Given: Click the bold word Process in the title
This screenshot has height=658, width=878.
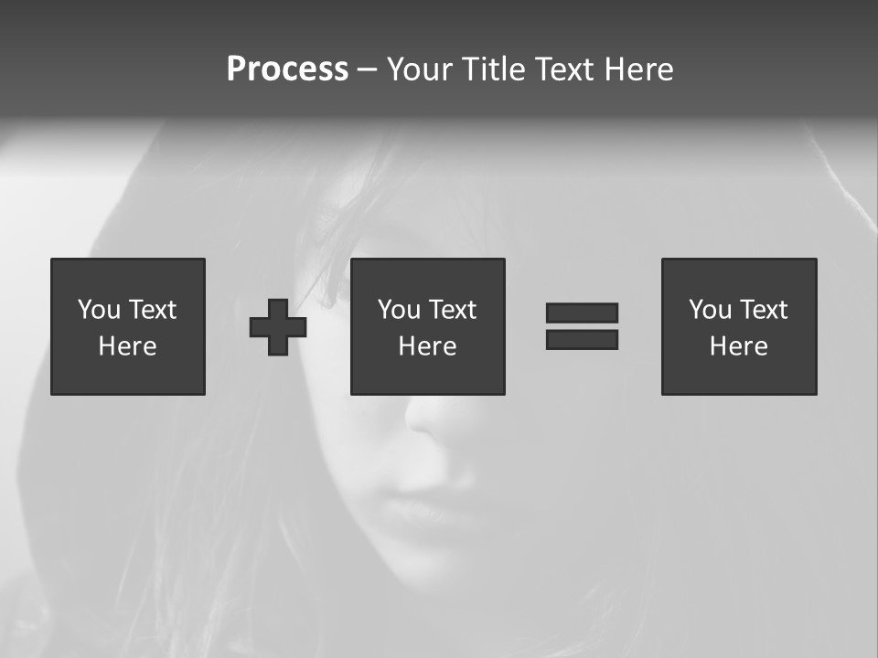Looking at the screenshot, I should point(287,69).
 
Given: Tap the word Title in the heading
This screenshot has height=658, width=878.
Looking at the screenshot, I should point(493,69).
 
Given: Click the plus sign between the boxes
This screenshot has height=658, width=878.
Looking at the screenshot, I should point(278,327).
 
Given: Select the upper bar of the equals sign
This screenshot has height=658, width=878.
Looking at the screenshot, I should point(582,313).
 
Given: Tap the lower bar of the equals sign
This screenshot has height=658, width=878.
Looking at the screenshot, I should point(582,340).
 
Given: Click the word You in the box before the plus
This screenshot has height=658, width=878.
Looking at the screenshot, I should point(100,310).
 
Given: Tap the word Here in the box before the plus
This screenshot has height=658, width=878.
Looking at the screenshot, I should point(128,346).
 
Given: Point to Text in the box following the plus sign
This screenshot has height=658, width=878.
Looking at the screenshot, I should point(452,310).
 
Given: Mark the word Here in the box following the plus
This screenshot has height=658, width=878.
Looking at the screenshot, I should point(428,346).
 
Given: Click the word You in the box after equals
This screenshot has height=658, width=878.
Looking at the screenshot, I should point(711,310).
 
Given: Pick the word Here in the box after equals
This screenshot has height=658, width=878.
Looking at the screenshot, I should point(739,346).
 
